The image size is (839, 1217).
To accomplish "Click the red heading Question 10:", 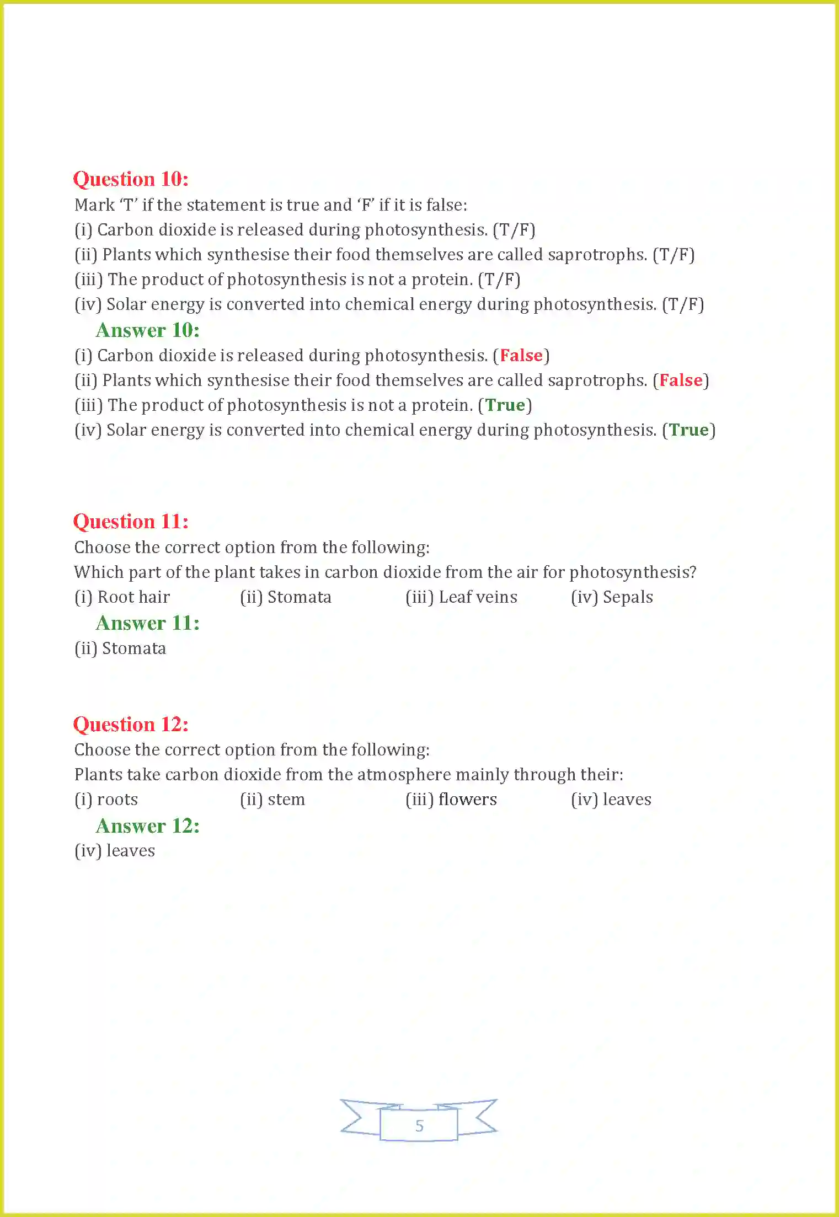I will [x=131, y=179].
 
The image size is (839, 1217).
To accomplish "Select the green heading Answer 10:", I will [x=147, y=330].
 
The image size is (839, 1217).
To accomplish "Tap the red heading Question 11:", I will [x=131, y=522].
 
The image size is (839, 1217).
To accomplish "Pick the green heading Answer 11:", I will [x=147, y=623].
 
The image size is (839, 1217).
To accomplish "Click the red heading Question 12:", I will [x=131, y=725].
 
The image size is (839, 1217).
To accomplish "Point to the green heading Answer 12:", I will [x=147, y=826].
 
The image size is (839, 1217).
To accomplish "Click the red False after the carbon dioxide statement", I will [x=521, y=356].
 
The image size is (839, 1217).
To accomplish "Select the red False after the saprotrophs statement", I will [x=681, y=380].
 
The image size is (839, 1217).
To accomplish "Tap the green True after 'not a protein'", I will [x=505, y=405].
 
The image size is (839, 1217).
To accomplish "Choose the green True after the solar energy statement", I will [x=688, y=430].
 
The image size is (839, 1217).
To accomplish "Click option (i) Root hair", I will [x=122, y=597].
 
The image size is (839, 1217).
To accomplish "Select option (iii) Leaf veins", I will [x=461, y=597].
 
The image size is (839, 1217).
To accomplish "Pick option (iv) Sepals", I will [x=612, y=597].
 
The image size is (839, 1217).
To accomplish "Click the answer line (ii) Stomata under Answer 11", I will [x=120, y=648].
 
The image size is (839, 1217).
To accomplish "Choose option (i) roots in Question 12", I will [x=106, y=800].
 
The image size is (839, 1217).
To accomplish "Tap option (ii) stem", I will [x=272, y=800].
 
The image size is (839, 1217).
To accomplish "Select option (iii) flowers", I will [x=451, y=800].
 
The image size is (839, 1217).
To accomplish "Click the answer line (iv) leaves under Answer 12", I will [x=115, y=851].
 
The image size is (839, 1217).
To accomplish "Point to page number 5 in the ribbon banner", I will [x=419, y=1126].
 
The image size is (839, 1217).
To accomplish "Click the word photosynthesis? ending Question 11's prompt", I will [x=633, y=572].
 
